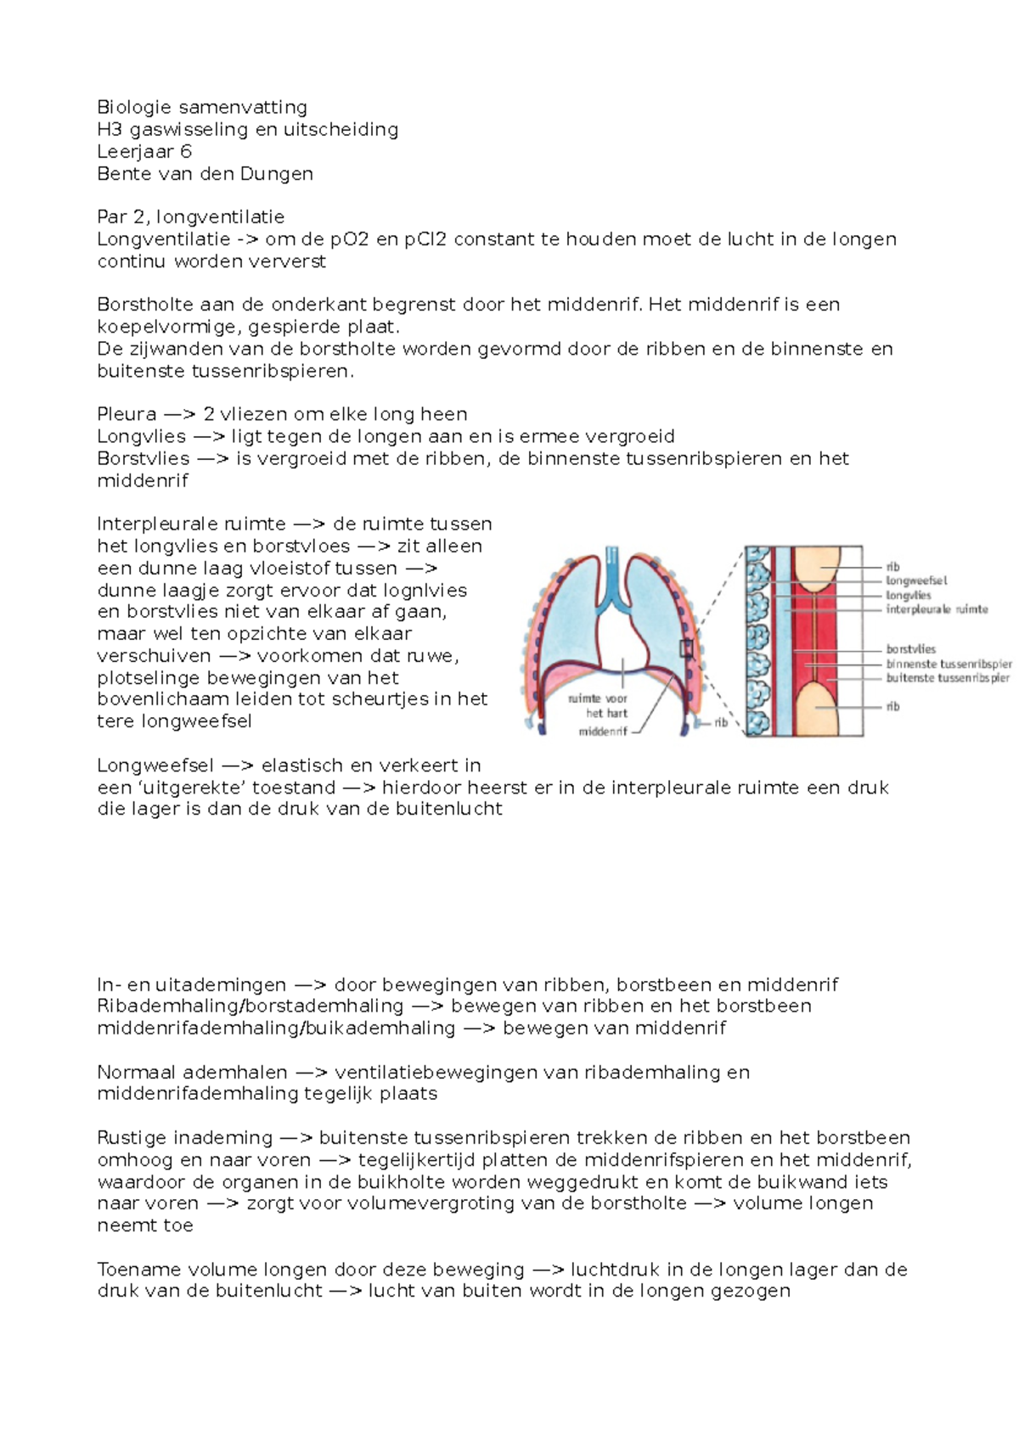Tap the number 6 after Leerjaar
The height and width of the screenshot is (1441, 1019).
186,152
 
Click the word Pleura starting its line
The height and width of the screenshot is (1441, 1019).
127,415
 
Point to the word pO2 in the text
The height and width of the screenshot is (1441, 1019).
350,239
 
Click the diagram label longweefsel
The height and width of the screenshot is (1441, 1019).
916,581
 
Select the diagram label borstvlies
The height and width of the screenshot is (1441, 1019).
910,649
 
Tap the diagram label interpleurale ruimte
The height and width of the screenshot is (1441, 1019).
937,609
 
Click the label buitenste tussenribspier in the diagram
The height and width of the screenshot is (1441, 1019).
948,678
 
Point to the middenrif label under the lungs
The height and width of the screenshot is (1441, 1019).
602,732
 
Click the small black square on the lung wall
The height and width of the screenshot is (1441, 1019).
686,649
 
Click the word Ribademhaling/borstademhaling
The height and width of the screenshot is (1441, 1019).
250,1006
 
